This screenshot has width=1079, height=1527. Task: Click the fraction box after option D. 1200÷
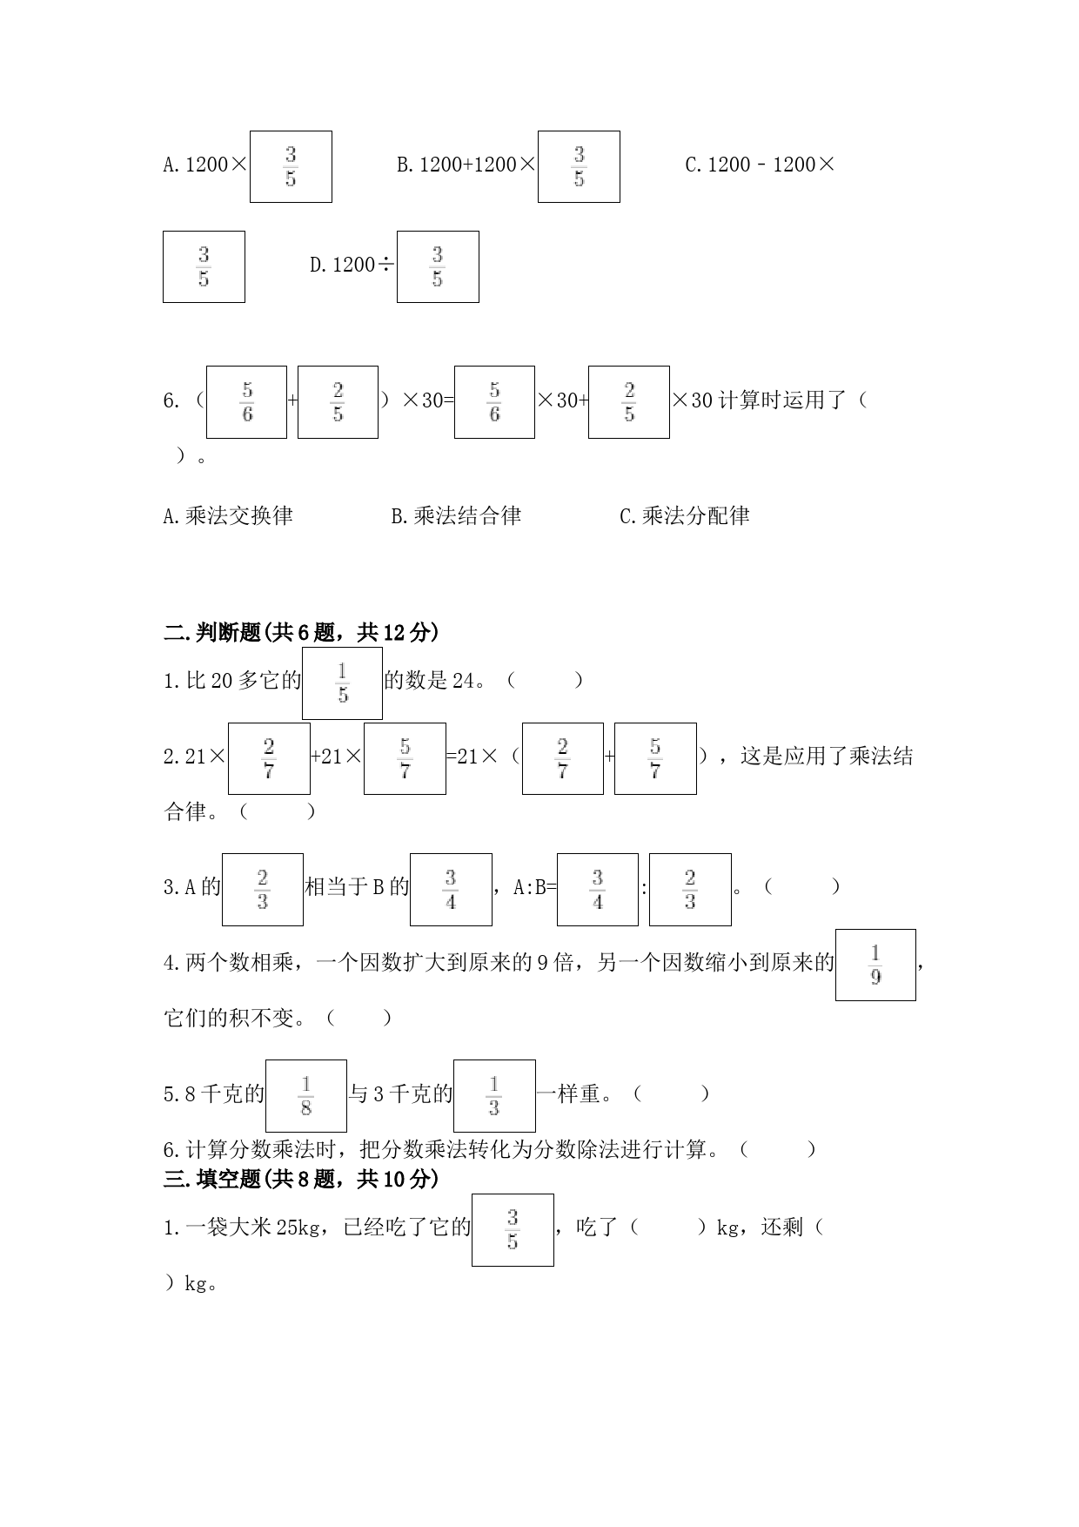pos(438,266)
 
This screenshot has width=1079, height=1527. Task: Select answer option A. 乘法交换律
pos(228,516)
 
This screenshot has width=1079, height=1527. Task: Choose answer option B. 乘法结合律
pos(456,516)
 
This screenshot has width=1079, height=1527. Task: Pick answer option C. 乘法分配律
pos(685,516)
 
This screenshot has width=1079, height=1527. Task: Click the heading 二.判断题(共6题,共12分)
pos(301,633)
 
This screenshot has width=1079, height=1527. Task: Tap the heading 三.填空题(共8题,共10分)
pos(301,1179)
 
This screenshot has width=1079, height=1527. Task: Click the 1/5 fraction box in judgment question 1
pos(342,683)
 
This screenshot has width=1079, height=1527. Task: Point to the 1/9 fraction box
pos(875,965)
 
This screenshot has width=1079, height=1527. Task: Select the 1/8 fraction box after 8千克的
pos(306,1096)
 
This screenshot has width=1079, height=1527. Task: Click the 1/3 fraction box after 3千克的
pos(494,1096)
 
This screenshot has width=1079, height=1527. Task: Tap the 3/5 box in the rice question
pos(513,1229)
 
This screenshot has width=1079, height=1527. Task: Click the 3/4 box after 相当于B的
pos(451,889)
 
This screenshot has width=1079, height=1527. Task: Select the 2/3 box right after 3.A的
pos(263,889)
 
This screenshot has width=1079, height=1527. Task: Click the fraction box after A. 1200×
pos(291,166)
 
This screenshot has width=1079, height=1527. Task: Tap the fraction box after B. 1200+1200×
pos(579,166)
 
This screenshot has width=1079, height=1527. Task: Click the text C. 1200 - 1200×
pos(761,165)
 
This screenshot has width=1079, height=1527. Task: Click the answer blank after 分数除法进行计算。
pos(779,1150)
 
